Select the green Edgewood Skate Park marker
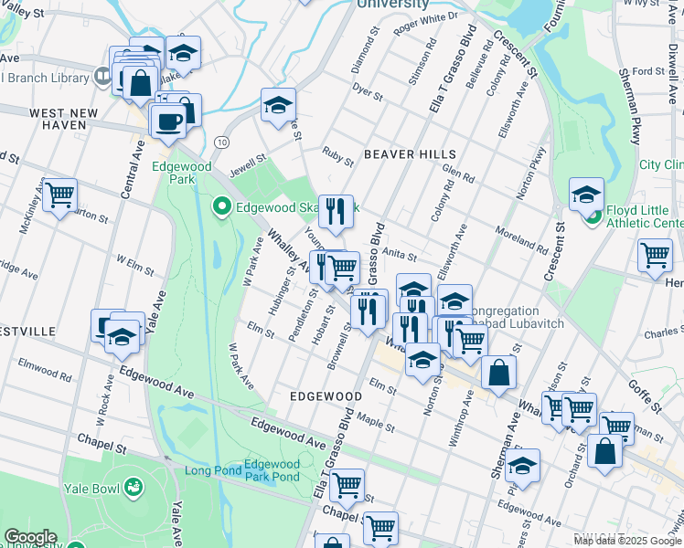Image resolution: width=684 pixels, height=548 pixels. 220,207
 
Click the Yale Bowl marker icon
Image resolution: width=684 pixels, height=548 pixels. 134,489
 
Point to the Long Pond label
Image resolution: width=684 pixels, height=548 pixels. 212,471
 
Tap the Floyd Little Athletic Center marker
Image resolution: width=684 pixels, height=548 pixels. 592,216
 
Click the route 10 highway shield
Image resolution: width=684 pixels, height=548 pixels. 222,142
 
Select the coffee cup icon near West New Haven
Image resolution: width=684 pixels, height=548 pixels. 167,121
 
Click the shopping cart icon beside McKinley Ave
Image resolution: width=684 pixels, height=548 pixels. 59,195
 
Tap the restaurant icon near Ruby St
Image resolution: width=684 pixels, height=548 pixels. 336,211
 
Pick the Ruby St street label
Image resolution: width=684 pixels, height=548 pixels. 337,156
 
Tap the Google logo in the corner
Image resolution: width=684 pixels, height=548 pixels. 29,537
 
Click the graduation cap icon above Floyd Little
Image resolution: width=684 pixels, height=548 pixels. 586,194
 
